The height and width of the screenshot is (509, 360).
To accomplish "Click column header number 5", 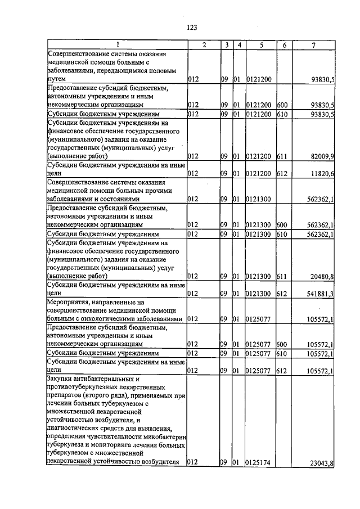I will pyautogui.click(x=261, y=44).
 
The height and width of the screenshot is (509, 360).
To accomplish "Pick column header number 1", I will pyautogui.click(x=117, y=44).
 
